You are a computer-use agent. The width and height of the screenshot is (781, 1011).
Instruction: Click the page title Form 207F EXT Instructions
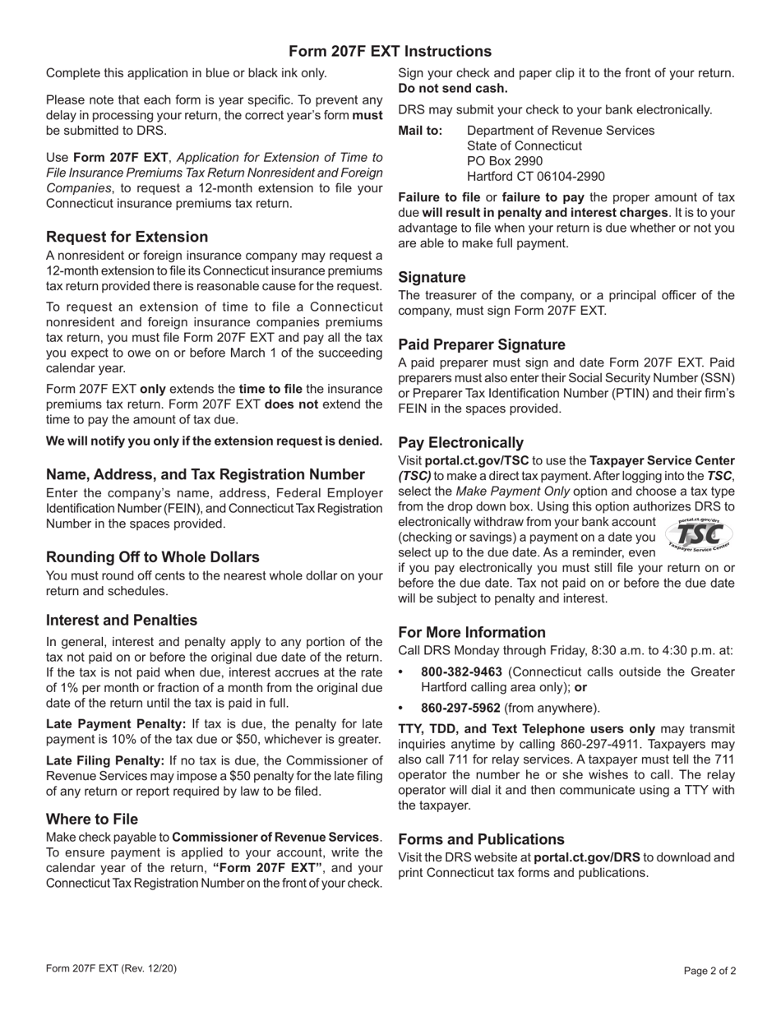click(390, 51)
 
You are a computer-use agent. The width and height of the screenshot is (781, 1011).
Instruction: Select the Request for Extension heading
click(127, 237)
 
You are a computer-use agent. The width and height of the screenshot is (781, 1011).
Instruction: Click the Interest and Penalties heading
click(122, 620)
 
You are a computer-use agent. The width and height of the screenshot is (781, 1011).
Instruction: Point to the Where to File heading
click(92, 819)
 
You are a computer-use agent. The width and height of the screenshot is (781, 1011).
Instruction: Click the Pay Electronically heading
click(460, 442)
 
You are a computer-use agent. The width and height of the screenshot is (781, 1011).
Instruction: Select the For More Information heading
click(472, 632)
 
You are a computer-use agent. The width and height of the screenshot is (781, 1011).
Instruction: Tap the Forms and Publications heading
click(481, 839)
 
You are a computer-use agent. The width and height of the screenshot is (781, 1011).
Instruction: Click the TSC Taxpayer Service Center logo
click(698, 535)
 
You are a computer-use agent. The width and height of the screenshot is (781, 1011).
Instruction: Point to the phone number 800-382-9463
click(460, 672)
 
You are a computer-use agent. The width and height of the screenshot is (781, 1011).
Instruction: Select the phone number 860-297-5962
click(460, 708)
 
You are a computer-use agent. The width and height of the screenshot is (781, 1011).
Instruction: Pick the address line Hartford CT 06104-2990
click(535, 176)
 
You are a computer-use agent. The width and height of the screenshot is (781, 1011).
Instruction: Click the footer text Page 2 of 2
click(709, 971)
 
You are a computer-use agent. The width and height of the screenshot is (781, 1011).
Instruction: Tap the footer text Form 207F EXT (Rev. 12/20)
click(111, 968)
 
